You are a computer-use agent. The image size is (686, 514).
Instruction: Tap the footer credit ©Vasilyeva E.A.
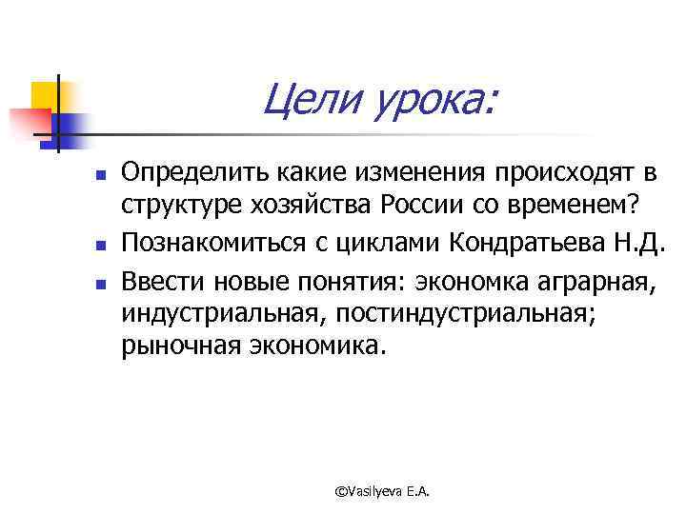(x=384, y=489)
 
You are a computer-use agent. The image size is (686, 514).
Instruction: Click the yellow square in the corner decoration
(x=44, y=94)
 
